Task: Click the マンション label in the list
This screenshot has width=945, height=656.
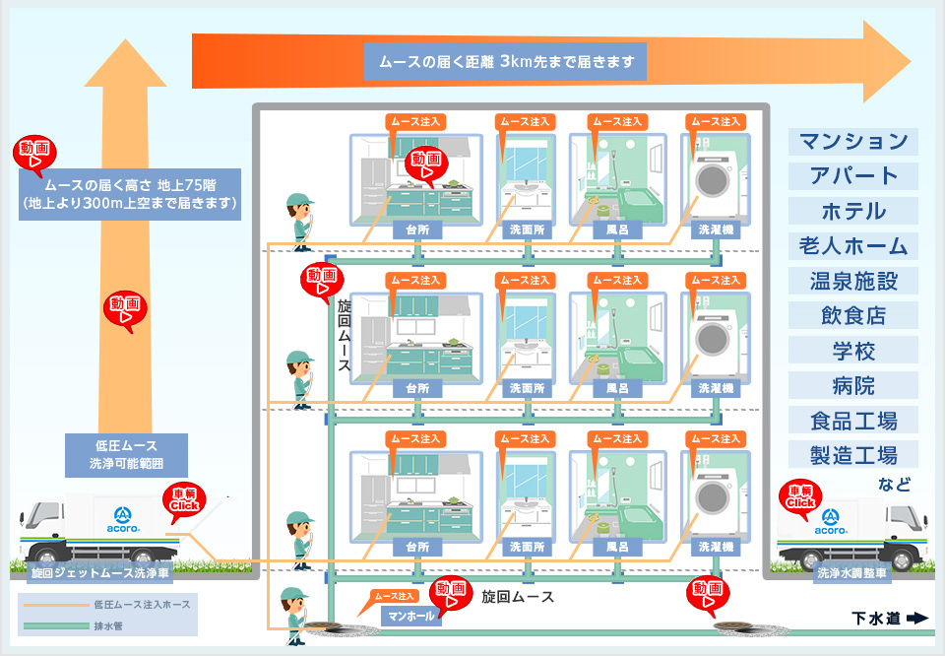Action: [x=853, y=141]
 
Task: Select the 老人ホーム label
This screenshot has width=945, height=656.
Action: [x=853, y=245]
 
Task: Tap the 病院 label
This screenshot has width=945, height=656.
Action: [x=853, y=385]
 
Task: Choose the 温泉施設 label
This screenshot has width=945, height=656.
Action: [x=853, y=281]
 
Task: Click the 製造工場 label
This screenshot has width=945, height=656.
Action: [x=853, y=455]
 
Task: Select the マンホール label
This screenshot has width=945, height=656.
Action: [x=411, y=617]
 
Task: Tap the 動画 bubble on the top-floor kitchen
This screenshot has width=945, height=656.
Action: [x=426, y=164]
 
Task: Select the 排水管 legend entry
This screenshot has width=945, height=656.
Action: [x=108, y=624]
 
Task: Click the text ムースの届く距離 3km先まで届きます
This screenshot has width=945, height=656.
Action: [x=506, y=62]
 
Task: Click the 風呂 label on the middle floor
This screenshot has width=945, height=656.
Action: [x=617, y=389]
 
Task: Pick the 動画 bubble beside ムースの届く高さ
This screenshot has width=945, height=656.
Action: [x=34, y=155]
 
